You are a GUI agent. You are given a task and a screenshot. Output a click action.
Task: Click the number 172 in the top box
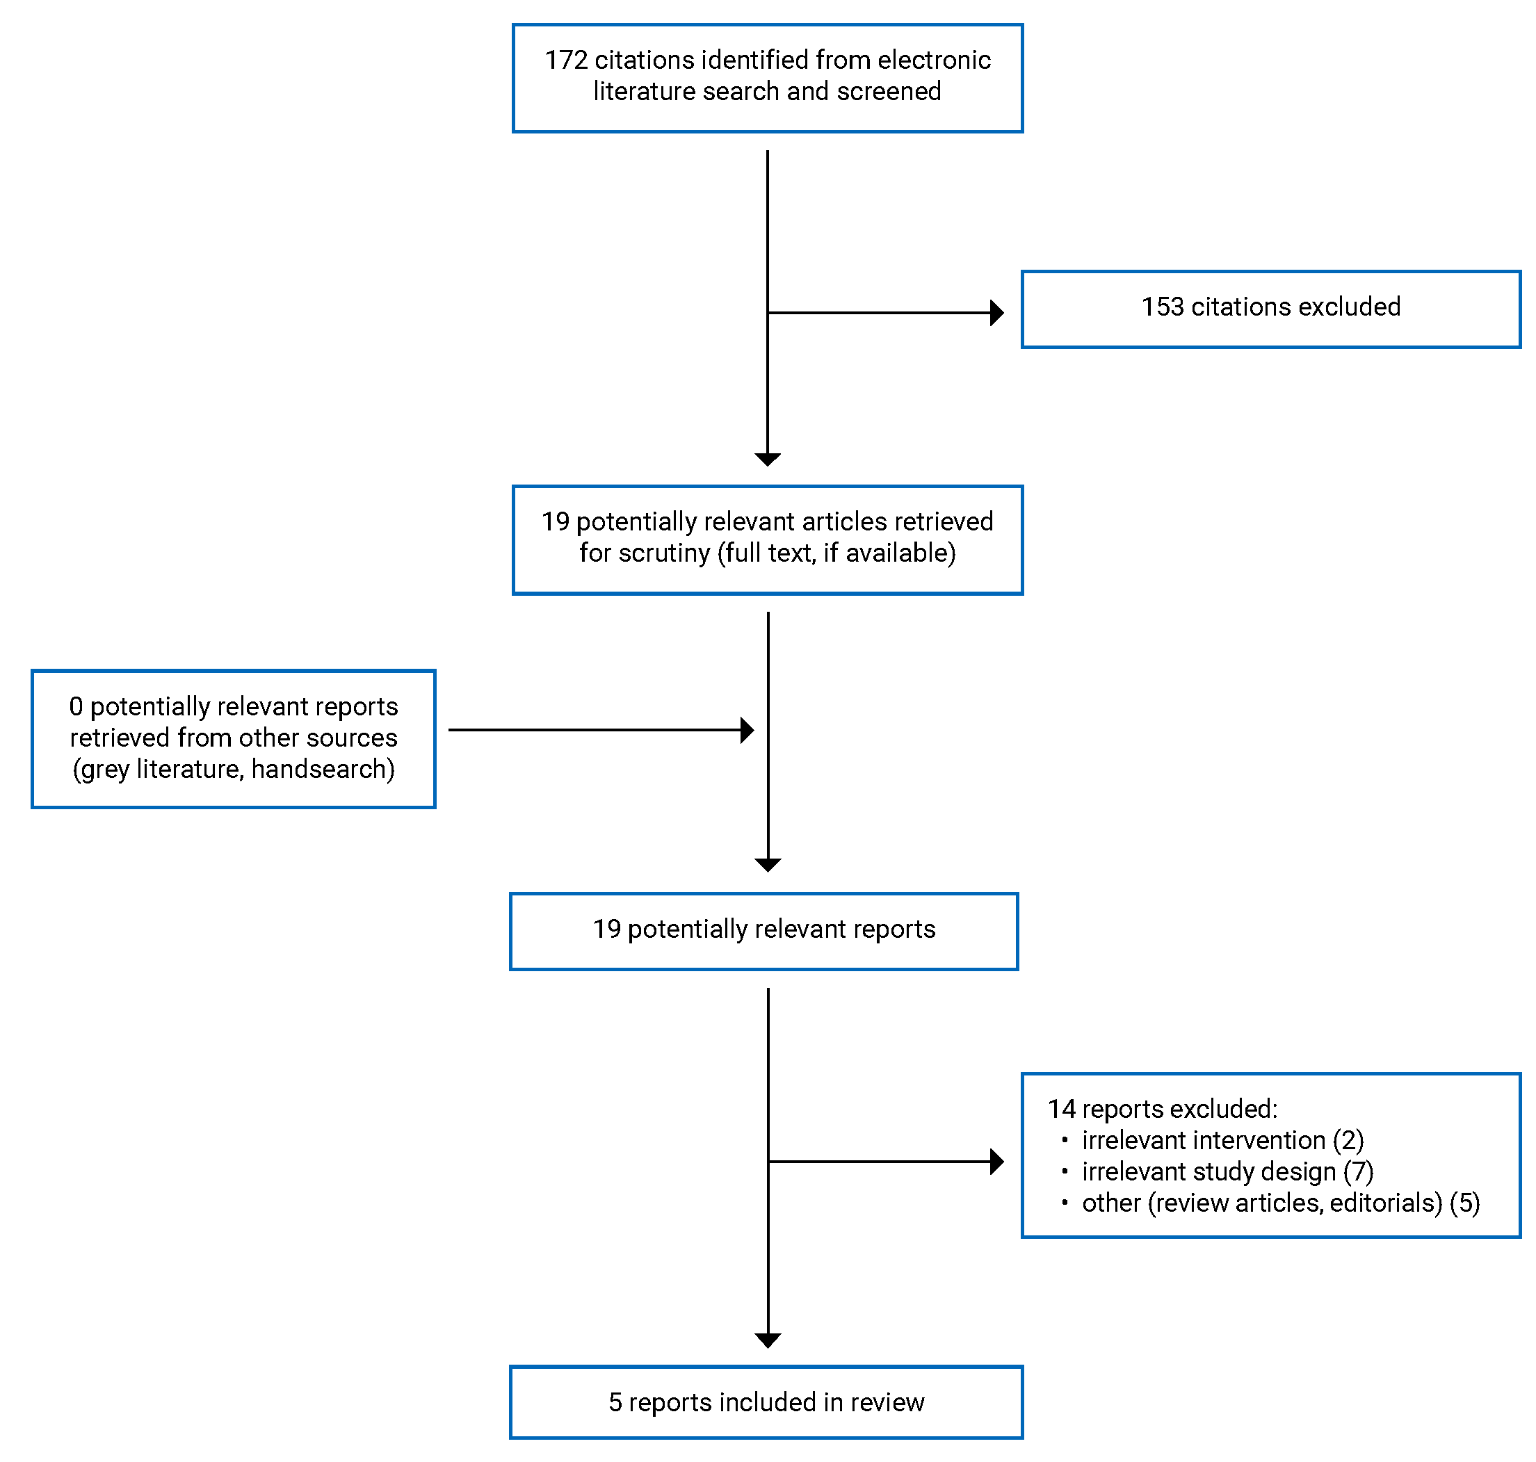[565, 60]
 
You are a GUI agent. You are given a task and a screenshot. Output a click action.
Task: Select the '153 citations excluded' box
[1270, 309]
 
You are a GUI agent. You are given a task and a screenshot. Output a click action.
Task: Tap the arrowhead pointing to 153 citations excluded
[996, 314]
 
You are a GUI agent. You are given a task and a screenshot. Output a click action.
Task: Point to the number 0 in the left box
[76, 707]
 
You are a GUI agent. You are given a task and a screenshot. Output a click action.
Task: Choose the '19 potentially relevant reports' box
[763, 932]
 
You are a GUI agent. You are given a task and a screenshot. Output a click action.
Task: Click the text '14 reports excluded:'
[1161, 1109]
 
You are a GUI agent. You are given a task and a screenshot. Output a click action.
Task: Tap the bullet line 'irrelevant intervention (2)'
[1222, 1141]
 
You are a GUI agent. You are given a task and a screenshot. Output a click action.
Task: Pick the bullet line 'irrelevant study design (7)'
[1227, 1172]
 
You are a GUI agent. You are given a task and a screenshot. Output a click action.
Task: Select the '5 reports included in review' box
[766, 1403]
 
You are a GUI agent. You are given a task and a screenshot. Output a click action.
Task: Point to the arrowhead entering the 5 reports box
[768, 1340]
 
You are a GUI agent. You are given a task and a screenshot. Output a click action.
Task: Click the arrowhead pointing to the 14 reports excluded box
[996, 1162]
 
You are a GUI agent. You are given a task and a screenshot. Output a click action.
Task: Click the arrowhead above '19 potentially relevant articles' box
[768, 460]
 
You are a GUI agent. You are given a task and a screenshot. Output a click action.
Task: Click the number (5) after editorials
[1464, 1203]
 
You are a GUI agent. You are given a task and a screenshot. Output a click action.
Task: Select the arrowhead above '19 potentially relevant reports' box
[768, 865]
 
